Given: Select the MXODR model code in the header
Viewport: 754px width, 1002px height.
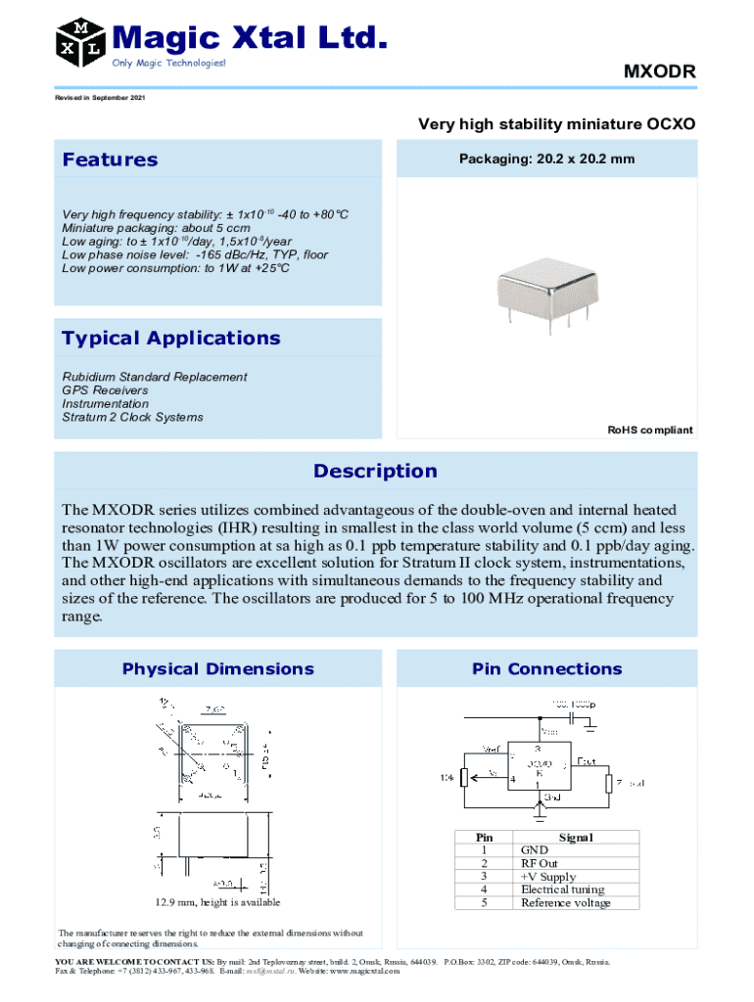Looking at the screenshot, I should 659,72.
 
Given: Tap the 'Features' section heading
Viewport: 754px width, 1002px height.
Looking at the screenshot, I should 110,159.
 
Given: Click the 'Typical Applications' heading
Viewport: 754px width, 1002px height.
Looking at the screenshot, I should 170,339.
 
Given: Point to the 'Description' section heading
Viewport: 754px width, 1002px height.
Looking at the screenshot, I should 375,472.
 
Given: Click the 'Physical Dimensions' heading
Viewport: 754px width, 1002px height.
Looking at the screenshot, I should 217,669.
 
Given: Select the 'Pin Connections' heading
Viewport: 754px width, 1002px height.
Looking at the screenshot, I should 546,669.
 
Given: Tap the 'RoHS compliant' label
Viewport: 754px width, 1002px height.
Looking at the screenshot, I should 650,431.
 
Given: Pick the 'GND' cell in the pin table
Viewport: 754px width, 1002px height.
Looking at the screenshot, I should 535,850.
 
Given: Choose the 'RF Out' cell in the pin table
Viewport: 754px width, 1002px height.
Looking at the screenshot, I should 540,864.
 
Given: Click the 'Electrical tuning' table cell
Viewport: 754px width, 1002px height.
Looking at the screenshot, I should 562,889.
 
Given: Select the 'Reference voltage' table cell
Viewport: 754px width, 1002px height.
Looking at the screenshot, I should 565,902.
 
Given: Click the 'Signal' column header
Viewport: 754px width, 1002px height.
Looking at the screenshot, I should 576,838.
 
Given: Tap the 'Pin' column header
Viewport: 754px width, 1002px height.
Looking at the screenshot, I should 484,838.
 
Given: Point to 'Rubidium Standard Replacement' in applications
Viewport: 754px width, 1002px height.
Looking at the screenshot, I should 155,377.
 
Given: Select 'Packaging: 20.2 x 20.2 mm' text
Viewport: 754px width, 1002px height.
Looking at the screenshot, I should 546,159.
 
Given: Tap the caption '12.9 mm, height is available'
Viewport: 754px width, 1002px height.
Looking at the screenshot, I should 215,902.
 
